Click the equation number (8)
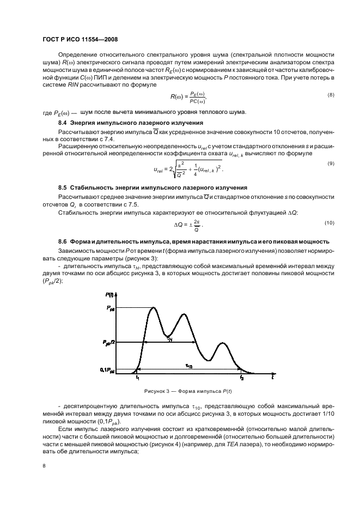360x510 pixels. point(330,95)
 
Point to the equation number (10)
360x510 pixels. point(329,223)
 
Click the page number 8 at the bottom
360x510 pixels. point(45,466)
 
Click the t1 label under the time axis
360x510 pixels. point(138,377)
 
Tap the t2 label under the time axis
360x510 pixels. point(242,377)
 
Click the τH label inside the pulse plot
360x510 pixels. point(169,339)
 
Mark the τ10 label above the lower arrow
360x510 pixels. point(188,366)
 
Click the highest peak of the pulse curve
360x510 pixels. point(154,308)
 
